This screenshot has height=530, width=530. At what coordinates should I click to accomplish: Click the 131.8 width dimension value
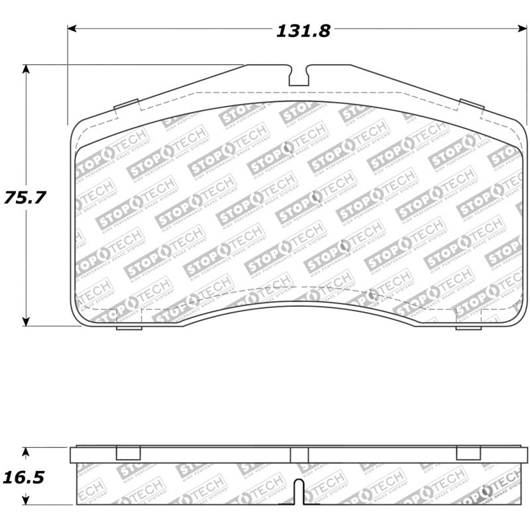pyautogui.click(x=302, y=30)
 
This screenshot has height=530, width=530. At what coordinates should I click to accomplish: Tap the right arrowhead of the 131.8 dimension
pyautogui.click(x=521, y=28)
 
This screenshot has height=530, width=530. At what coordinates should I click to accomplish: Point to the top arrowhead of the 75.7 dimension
pyautogui.click(x=26, y=69)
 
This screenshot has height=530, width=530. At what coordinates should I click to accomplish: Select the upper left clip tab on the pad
pyautogui.click(x=126, y=105)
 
